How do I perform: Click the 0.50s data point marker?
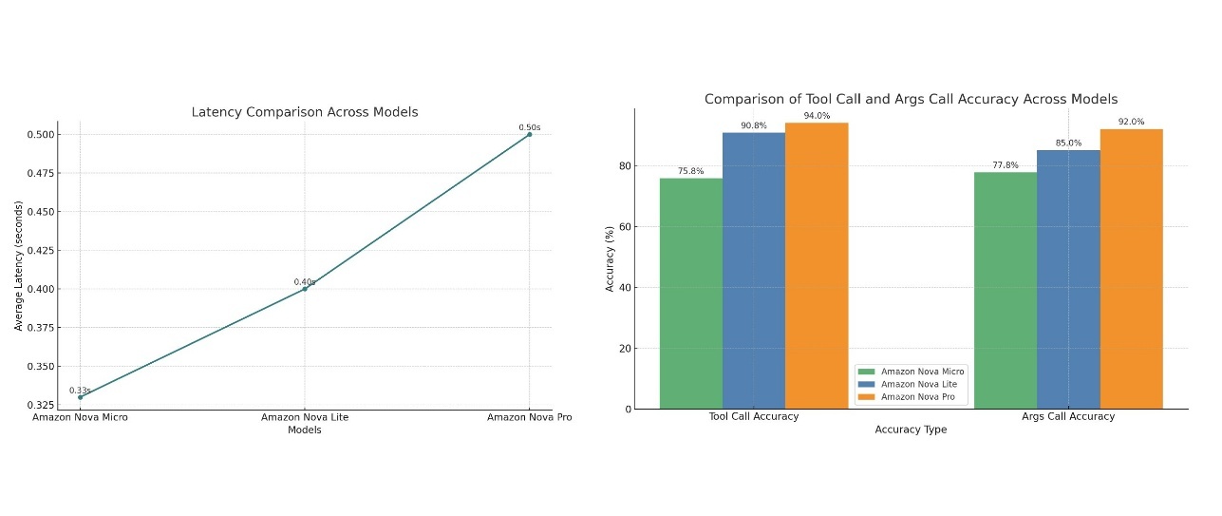click(529, 134)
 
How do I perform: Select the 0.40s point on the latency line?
click(304, 288)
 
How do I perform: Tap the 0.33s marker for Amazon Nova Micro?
click(80, 397)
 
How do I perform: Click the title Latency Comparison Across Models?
click(305, 112)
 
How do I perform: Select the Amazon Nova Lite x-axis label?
click(304, 417)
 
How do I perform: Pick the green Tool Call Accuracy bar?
click(691, 294)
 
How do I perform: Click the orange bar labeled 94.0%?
click(817, 266)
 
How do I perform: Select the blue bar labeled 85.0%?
click(1068, 279)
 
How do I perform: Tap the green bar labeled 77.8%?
click(1006, 290)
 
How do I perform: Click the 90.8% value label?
click(754, 125)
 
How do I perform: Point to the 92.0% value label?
click(1131, 122)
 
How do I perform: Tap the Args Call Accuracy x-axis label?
click(1068, 416)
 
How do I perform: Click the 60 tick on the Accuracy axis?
click(627, 226)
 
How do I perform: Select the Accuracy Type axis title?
click(911, 430)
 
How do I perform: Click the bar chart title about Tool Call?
click(911, 99)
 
